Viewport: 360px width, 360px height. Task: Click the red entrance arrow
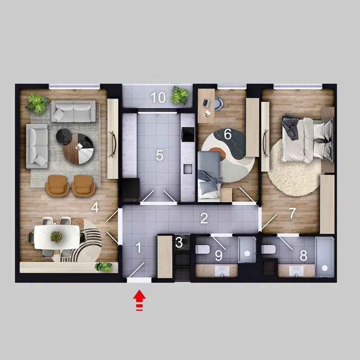tap(139, 300)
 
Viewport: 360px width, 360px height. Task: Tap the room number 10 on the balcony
tap(158, 97)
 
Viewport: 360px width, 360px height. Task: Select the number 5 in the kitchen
tap(159, 155)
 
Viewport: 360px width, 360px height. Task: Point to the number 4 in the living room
tap(95, 207)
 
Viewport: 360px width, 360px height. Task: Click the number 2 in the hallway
tap(204, 218)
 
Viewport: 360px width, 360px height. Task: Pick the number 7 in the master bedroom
tap(292, 213)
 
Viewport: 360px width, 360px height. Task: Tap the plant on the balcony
tap(180, 95)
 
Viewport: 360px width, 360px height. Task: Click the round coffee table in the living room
tap(78, 148)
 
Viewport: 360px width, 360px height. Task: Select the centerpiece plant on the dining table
tap(56, 237)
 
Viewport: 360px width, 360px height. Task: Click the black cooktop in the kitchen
tap(188, 134)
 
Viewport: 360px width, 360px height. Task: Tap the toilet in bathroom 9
tap(202, 249)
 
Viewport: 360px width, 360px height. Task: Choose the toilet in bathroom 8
tap(268, 249)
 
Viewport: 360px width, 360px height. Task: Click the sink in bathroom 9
tap(222, 271)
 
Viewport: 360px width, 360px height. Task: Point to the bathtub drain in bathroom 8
tap(324, 268)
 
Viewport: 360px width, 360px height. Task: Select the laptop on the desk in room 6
tap(206, 103)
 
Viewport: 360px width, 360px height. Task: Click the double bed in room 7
tap(307, 139)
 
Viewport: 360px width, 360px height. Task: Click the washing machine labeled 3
tap(182, 242)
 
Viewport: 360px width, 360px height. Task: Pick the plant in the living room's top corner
tap(37, 103)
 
